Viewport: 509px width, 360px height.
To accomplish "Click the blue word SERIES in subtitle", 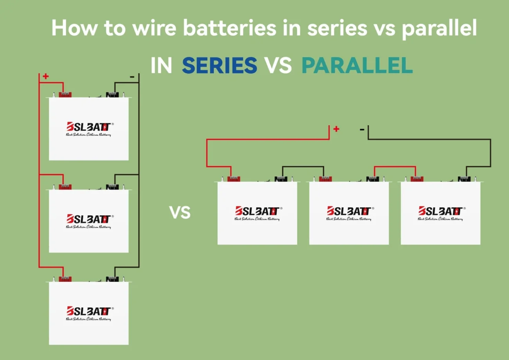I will click(x=219, y=66).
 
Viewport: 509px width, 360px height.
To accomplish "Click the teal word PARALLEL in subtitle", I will click(x=357, y=66).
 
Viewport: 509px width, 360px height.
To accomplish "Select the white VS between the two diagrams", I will click(x=180, y=212).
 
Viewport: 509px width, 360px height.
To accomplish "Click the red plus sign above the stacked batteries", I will click(x=46, y=76).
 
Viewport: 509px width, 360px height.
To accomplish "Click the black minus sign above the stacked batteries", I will click(x=132, y=77).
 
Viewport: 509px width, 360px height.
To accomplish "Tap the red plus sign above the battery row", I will click(x=336, y=129).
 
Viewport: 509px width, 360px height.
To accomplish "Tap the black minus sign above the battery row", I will click(x=362, y=129).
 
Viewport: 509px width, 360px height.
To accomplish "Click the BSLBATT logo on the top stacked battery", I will click(x=89, y=127).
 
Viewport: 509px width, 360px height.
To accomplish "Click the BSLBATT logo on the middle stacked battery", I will click(x=89, y=219).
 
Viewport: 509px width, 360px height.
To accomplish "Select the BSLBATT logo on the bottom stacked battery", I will click(x=89, y=311).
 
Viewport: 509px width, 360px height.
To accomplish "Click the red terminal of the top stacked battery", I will click(x=65, y=94).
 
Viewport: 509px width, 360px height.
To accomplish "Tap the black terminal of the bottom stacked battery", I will click(x=113, y=279).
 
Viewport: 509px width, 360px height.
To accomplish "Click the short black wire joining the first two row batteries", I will click(x=303, y=166).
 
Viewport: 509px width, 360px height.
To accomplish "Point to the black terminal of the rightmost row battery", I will click(x=465, y=179).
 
